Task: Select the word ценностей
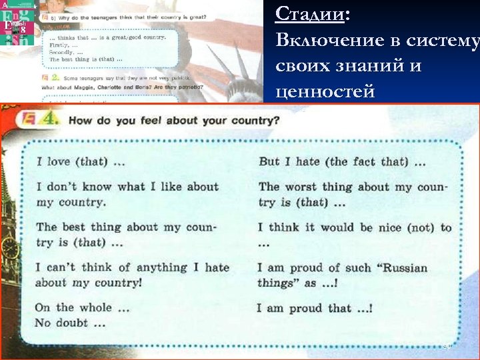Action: pos(325,92)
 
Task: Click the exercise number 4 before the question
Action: pos(54,121)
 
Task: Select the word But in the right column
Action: pos(269,161)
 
